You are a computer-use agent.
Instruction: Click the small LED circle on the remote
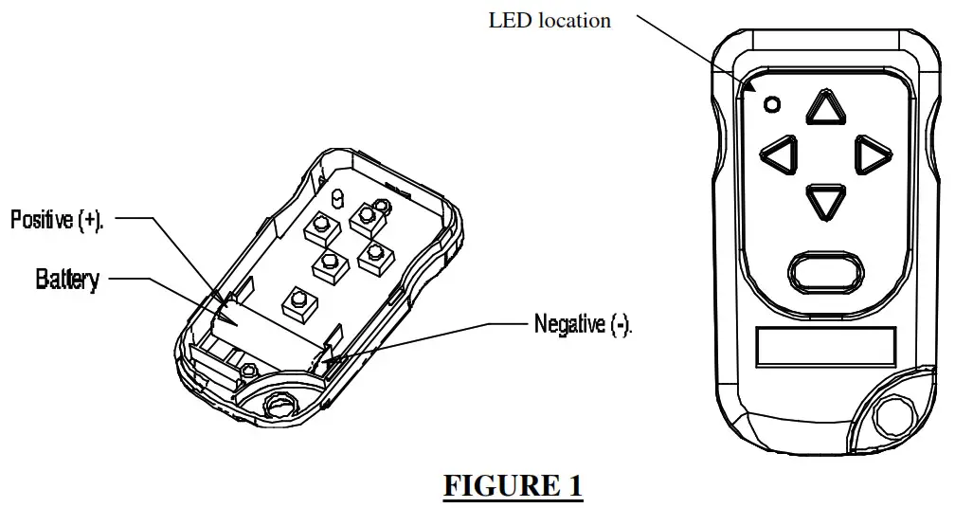(x=772, y=105)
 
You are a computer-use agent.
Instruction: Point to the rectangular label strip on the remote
(x=825, y=348)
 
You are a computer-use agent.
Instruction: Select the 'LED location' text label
(x=550, y=20)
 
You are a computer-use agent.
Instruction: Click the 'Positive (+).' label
(x=57, y=220)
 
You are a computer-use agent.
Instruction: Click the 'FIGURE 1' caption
(x=514, y=485)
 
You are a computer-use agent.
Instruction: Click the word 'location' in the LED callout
(x=575, y=20)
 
